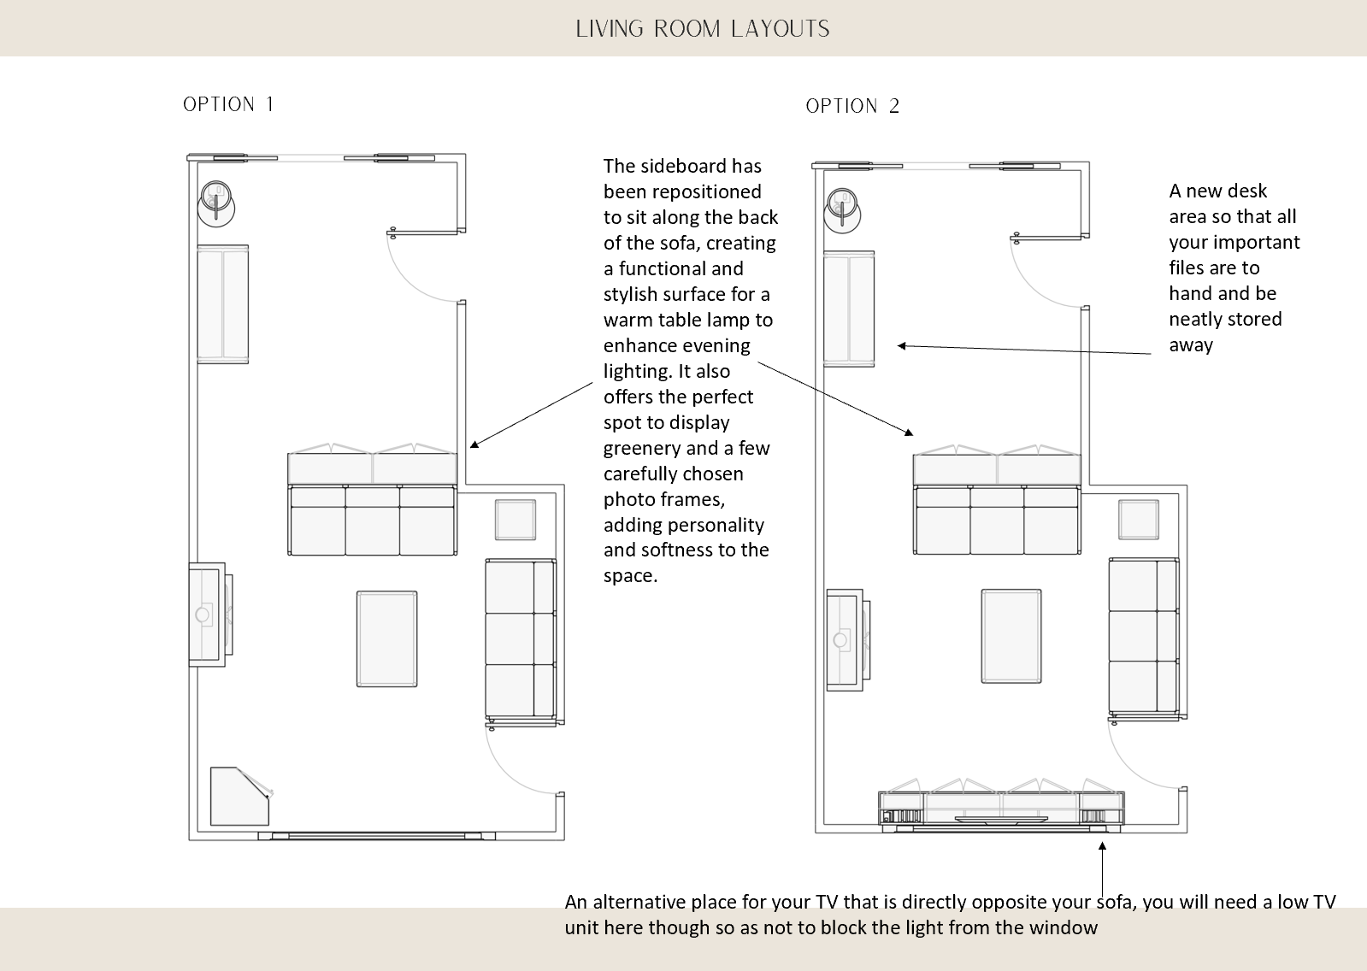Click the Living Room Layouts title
tap(702, 29)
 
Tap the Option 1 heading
tap(228, 104)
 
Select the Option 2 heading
tap(852, 106)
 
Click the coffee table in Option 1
tap(387, 639)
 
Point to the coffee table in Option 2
tap(1011, 636)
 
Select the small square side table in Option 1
tap(516, 520)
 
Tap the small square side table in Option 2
tap(1139, 520)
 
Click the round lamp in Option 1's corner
tap(217, 202)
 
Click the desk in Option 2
tap(848, 309)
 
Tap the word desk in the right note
tap(1247, 191)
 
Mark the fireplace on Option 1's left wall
tap(208, 615)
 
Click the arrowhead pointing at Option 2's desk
tap(902, 346)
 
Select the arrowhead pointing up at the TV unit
tap(1102, 847)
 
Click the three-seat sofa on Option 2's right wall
tap(1144, 637)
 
